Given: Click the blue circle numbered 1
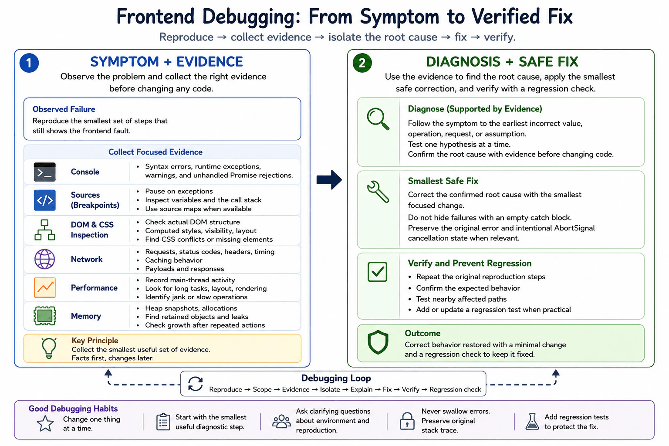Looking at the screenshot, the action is [x=29, y=63].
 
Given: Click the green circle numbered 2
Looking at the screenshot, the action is [x=362, y=63].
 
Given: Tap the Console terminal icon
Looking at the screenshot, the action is [x=44, y=172].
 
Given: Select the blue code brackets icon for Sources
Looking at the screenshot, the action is [x=44, y=200].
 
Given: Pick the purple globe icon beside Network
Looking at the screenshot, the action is [x=44, y=259].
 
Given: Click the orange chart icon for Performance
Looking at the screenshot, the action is [x=44, y=287].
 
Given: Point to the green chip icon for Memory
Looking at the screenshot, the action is [x=44, y=316].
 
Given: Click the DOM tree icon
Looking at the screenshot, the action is [x=44, y=230].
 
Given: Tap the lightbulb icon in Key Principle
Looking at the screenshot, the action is [x=49, y=348].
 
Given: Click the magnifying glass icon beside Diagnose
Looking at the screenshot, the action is [x=378, y=119].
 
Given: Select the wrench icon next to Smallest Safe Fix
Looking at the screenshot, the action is [x=378, y=192].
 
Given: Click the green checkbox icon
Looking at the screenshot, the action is [x=378, y=271].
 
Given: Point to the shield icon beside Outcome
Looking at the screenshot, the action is [x=378, y=342].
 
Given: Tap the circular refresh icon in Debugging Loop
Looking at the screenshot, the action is [x=195, y=384].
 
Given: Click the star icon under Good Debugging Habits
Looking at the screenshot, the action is [x=45, y=424].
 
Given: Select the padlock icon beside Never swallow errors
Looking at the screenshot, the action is [x=407, y=421].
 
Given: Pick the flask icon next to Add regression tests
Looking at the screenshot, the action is [x=532, y=422].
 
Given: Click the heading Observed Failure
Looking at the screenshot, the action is [x=64, y=109].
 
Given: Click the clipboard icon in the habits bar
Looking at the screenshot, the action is [x=163, y=422].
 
